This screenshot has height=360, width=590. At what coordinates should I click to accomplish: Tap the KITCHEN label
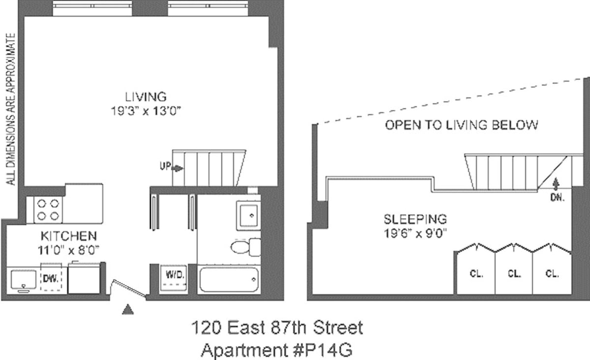click(68, 236)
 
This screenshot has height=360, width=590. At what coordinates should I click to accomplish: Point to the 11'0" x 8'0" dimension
click(68, 249)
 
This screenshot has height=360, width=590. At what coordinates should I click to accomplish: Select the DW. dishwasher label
click(51, 278)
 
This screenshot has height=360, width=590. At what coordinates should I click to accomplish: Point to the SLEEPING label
click(415, 218)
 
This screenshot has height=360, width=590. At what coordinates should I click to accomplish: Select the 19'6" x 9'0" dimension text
click(415, 232)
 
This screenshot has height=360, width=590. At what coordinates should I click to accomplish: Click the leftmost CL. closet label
click(475, 274)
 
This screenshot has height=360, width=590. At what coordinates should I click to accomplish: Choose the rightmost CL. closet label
click(552, 274)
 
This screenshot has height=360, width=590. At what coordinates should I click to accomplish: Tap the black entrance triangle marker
click(127, 309)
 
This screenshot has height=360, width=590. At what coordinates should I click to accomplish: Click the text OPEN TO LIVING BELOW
click(461, 125)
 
